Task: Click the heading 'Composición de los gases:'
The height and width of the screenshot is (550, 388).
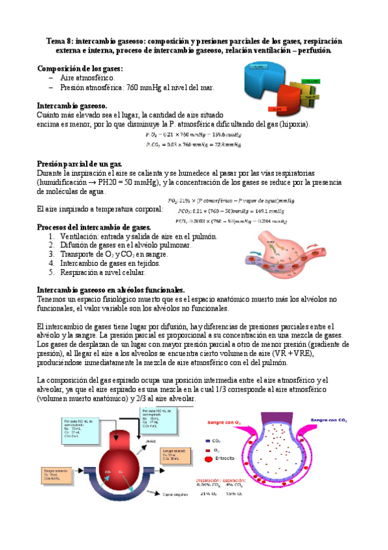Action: [x=80, y=68]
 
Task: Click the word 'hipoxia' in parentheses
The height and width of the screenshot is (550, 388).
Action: [x=293, y=124]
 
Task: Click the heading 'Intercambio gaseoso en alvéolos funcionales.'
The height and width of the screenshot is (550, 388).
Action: [x=111, y=289]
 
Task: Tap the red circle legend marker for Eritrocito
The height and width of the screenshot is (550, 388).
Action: [x=209, y=459]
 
